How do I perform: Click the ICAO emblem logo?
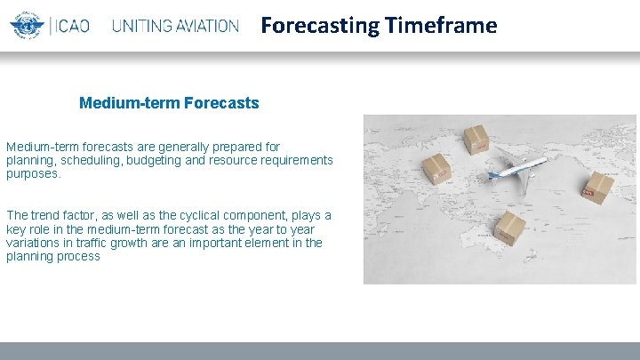[27, 24]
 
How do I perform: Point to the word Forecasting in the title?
[320, 25]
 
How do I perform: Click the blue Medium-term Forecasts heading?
[169, 103]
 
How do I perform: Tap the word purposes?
[33, 173]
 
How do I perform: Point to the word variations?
[34, 243]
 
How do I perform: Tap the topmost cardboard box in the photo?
[476, 139]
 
